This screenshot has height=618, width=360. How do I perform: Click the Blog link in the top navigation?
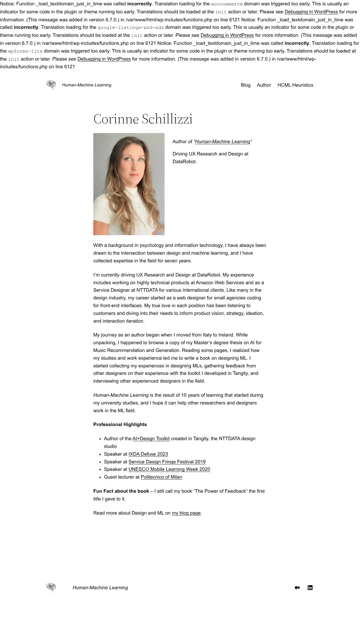(x=245, y=85)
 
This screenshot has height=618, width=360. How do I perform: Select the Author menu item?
(x=264, y=85)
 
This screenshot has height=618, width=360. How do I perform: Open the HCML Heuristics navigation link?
(x=295, y=85)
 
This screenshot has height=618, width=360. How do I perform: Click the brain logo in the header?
(x=51, y=85)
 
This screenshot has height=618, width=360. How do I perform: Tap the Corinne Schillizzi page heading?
(x=143, y=119)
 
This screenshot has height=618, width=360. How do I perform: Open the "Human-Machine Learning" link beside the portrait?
(x=223, y=142)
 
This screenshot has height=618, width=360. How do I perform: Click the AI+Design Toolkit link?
(x=151, y=439)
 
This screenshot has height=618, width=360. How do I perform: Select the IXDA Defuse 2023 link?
(x=148, y=454)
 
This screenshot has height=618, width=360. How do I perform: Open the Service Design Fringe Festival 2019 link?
(x=167, y=462)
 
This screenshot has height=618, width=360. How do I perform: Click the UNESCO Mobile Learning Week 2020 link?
(x=169, y=469)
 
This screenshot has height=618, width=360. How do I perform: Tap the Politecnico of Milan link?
(x=161, y=477)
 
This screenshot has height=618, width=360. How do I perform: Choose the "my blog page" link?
(x=186, y=513)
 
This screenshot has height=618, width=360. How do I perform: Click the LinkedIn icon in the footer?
(x=310, y=588)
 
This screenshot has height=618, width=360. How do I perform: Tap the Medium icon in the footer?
(x=297, y=588)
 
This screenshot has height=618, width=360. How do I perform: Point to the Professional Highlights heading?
(x=120, y=424)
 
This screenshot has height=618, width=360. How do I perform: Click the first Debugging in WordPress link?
(x=311, y=12)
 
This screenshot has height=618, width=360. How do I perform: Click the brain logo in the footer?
(x=51, y=587)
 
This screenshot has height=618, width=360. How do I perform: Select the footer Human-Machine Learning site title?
(x=100, y=588)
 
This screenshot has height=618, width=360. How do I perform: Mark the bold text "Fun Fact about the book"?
(x=121, y=491)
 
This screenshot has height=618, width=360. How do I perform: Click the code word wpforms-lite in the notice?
(x=25, y=51)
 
